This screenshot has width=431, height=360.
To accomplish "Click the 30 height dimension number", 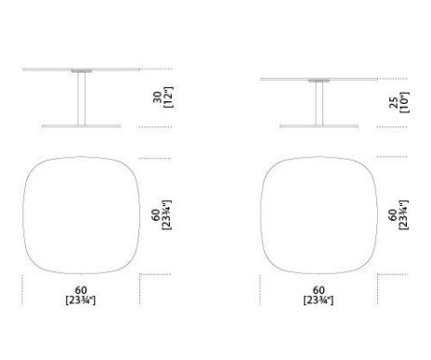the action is pyautogui.click(x=158, y=97).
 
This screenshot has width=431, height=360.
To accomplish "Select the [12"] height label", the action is pyautogui.click(x=168, y=97).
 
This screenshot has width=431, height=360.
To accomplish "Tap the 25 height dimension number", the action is pyautogui.click(x=394, y=103).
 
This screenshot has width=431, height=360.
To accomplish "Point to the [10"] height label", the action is pyautogui.click(x=404, y=103).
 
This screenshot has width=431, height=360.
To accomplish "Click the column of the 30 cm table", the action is pyautogui.click(x=82, y=98).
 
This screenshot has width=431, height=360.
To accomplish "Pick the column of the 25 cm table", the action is pyautogui.click(x=319, y=104).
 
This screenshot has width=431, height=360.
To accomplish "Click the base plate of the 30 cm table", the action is pyautogui.click(x=82, y=126).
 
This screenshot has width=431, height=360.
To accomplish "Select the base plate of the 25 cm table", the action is pyautogui.click(x=319, y=126).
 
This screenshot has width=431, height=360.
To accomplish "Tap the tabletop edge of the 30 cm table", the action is pyautogui.click(x=81, y=70).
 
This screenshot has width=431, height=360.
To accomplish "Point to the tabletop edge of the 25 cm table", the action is pyautogui.click(x=319, y=79).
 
